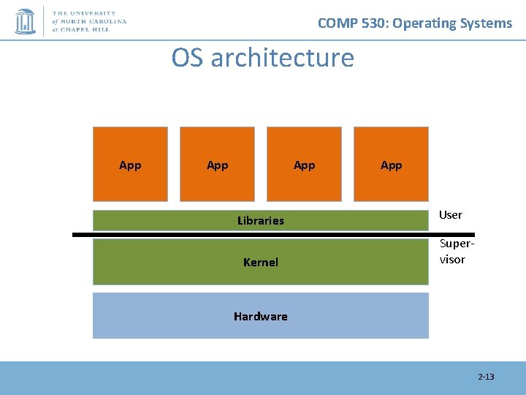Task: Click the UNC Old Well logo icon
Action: pos(25,20)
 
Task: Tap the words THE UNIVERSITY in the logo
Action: pos(85,13)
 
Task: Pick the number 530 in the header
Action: pos(378,23)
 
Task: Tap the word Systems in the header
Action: pos(487,23)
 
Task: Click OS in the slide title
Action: pos(188,57)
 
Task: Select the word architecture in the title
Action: pos(282,57)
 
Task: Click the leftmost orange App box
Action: pos(130,165)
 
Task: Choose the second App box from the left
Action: pos(217,165)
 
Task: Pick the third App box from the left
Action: pos(304,165)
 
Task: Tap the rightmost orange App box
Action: pos(391,165)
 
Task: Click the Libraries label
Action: pos(261,220)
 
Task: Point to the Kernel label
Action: pos(261,262)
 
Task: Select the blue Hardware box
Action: pos(261,316)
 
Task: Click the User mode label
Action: pos(450,214)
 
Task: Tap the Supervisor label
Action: pos(453,252)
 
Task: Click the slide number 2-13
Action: pos(486,377)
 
